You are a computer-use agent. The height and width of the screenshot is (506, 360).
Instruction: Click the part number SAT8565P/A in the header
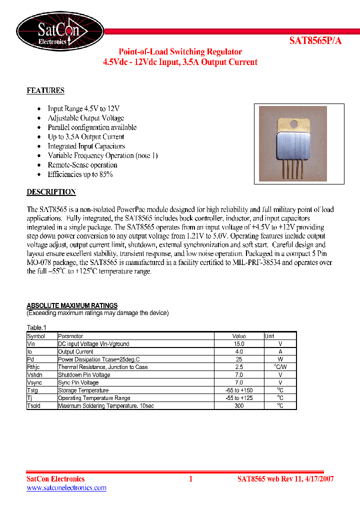pyautogui.click(x=315, y=41)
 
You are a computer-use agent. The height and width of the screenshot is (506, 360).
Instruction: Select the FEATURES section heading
pyautogui.click(x=45, y=91)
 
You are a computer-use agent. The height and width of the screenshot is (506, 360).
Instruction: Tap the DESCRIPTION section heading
pyautogui.click(x=51, y=192)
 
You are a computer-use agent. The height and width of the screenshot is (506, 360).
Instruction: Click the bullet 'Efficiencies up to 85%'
pyautogui.click(x=80, y=174)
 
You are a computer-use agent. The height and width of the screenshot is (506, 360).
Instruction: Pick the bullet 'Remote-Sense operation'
pyautogui.click(x=82, y=165)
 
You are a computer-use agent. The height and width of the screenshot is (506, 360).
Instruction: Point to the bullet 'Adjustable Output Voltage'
pyautogui.click(x=85, y=118)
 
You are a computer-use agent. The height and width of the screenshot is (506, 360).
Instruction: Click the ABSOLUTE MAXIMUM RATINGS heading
pyautogui.click(x=72, y=305)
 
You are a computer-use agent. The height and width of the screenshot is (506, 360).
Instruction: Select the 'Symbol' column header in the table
pyautogui.click(x=36, y=336)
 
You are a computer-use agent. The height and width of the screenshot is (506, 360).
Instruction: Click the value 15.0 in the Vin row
pyautogui.click(x=239, y=344)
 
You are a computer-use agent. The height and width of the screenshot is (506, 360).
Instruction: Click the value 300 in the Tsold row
pyautogui.click(x=239, y=406)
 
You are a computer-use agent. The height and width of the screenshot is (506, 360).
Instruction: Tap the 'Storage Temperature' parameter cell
pyautogui.click(x=83, y=390)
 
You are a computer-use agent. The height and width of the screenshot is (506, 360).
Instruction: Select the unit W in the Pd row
pyautogui.click(x=280, y=359)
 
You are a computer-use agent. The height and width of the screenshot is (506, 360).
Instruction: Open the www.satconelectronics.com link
pyautogui.click(x=66, y=488)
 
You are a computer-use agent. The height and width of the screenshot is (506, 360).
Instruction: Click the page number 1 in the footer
pyautogui.click(x=190, y=479)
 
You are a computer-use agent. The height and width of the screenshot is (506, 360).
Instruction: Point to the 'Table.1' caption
pyautogui.click(x=36, y=327)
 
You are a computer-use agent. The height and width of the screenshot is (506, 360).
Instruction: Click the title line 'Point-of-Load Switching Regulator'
pyautogui.click(x=180, y=52)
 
